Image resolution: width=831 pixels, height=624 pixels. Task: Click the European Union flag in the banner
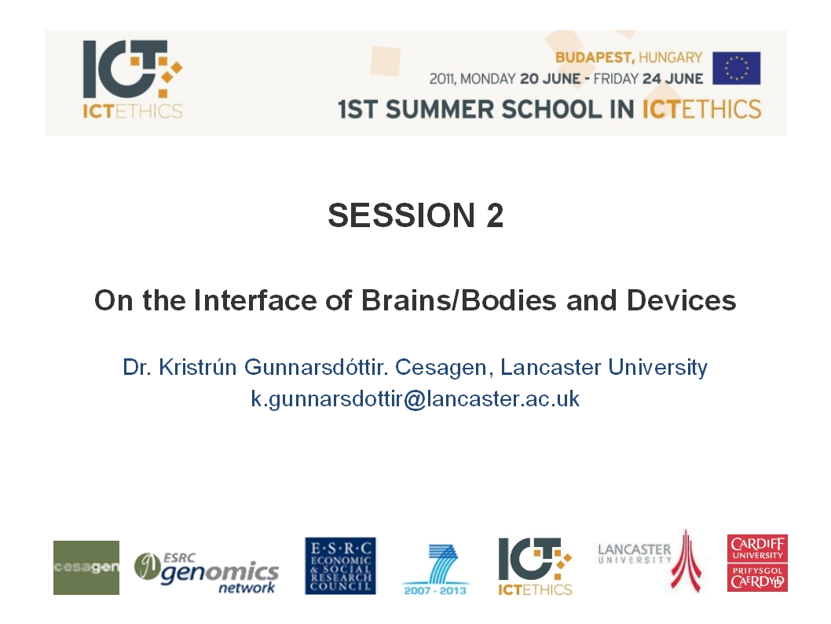pos(736,68)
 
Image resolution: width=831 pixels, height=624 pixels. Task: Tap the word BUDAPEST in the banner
pos(595,57)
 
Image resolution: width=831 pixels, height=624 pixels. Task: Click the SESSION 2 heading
pos(415,215)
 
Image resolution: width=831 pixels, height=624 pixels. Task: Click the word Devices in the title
pos(681,300)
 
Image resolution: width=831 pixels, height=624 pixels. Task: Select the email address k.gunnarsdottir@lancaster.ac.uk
pos(415,398)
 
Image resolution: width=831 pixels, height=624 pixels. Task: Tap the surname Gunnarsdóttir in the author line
pos(315,367)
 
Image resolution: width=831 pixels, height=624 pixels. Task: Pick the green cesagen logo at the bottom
pos(86,567)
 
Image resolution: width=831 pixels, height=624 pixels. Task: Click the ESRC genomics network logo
pos(206,573)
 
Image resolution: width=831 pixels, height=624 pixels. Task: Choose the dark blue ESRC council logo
pos(340,566)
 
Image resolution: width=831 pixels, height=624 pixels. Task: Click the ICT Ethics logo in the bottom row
pos(535,567)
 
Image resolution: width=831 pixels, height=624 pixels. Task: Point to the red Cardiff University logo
pos(757,563)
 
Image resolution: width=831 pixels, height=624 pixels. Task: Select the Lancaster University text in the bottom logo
pos(635,553)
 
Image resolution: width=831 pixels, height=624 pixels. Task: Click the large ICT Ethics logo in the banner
pos(133,79)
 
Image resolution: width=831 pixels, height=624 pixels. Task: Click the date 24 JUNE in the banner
pos(672,79)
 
